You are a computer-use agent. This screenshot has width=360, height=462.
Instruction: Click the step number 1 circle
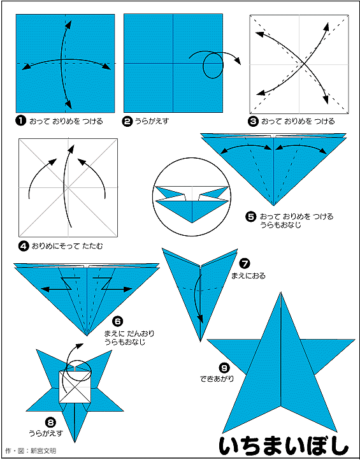pos(20,121)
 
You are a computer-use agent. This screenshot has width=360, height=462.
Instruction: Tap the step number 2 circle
pos(127,121)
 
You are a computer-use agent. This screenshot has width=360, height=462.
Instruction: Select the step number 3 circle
pos(254,121)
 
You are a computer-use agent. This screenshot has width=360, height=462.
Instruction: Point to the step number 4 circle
pos(24,246)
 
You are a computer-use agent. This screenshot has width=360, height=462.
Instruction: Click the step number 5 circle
pos(250,217)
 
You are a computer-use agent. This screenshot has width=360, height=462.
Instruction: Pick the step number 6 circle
pos(117,321)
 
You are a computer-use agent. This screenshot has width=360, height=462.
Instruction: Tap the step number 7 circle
pos(245,263)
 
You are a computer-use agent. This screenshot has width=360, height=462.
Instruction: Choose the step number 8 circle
pos(51,423)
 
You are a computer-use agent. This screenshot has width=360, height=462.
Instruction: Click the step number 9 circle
pos(224,368)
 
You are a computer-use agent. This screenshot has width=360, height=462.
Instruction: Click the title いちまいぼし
pos(284,446)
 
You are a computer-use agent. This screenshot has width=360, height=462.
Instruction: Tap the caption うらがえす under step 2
pos(152,121)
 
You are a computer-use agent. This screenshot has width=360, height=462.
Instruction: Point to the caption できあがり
pos(217,379)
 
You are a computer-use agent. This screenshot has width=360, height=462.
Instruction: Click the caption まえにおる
pos(248,276)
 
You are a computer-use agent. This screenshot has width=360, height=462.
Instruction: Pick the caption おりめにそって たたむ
pos(67,246)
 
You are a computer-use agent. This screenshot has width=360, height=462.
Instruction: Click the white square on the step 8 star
pos(75,387)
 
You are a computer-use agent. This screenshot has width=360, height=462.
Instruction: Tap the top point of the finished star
pos(281,292)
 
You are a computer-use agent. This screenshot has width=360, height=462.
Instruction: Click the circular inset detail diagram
pos(192,197)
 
